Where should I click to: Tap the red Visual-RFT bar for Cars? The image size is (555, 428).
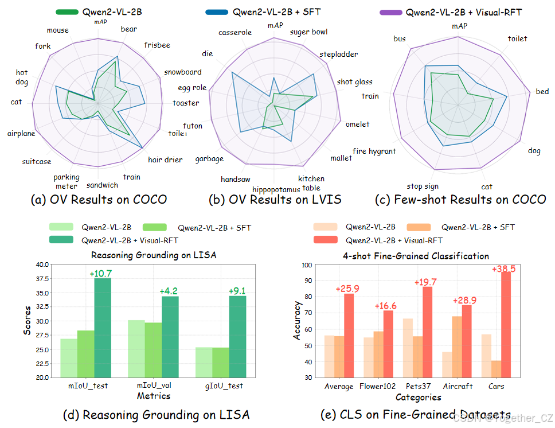[x=506, y=325]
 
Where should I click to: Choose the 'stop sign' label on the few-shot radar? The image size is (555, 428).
[x=423, y=186]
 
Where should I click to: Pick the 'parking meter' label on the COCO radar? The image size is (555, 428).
[x=67, y=181]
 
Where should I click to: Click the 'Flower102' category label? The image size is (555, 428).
[x=379, y=386]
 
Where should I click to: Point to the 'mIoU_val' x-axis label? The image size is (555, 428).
[x=153, y=386]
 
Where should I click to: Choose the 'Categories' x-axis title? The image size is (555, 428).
[x=418, y=397]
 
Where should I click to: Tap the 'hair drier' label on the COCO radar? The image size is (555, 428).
[x=165, y=160]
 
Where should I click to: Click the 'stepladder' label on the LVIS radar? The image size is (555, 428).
[x=338, y=55]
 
